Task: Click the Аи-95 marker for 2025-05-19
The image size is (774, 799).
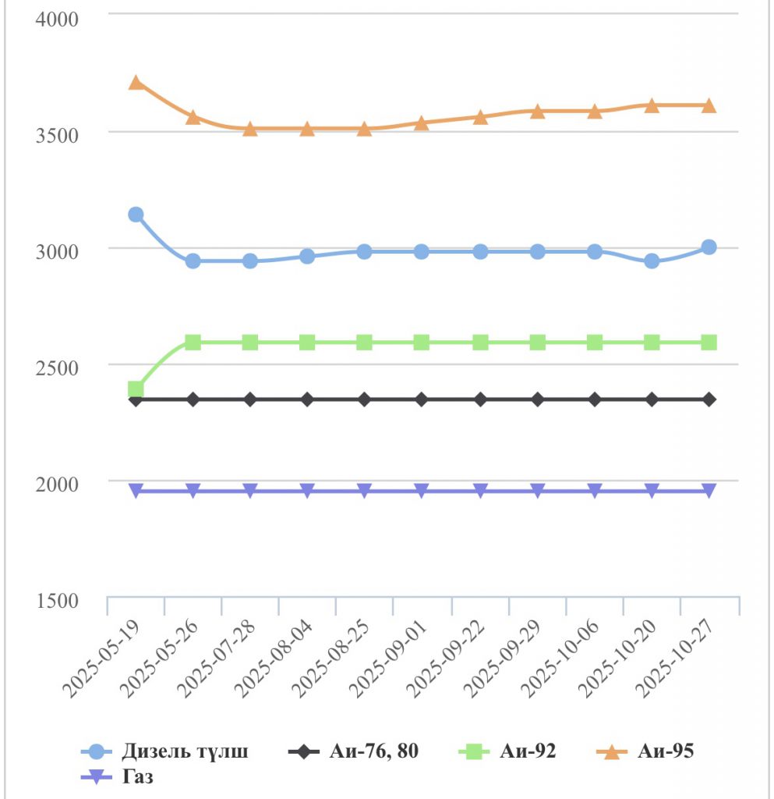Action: (x=136, y=82)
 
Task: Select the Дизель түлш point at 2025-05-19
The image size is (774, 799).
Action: (x=136, y=215)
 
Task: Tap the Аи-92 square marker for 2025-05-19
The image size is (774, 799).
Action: (x=136, y=389)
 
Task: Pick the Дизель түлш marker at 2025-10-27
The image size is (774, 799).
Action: (x=709, y=247)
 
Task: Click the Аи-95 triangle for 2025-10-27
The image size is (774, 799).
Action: (x=709, y=105)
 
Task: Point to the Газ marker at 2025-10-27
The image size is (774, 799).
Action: (x=709, y=490)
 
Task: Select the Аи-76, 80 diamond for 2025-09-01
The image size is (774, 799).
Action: (x=422, y=399)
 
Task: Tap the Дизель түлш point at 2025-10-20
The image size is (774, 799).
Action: (x=652, y=261)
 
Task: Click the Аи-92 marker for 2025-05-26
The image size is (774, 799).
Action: (x=193, y=343)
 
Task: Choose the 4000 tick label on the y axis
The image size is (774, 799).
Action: (x=58, y=18)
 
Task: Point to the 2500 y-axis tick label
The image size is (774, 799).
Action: (x=58, y=367)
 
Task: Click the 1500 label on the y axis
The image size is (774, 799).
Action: (x=58, y=601)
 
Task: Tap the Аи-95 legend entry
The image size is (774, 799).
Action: (x=647, y=751)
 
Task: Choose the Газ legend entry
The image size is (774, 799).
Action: (x=117, y=776)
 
